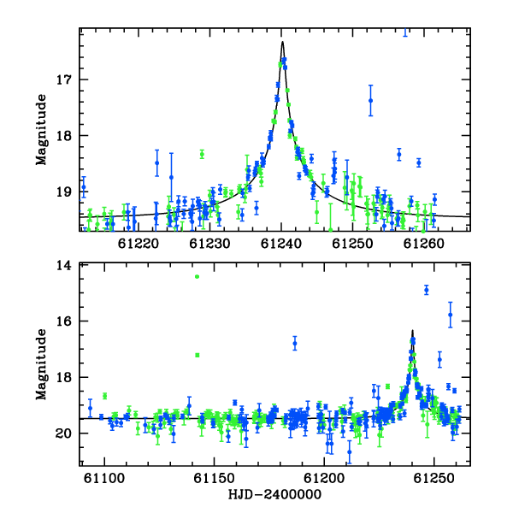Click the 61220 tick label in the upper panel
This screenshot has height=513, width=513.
pos(139,244)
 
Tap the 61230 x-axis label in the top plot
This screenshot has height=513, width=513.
pos(209,244)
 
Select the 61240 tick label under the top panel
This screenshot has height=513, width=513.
pos(281,244)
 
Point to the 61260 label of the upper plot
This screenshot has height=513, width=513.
pos(424,244)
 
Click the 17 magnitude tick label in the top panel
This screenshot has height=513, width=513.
pos(64,80)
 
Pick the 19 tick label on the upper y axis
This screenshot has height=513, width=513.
pos(64,192)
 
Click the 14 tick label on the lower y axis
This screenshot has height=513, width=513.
pos(64,265)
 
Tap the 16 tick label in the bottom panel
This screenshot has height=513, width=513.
pos(64,321)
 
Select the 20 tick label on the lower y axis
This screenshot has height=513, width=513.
pos(64,433)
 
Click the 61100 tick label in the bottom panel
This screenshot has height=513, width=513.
pos(104,478)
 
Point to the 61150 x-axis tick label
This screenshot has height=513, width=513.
pos(215,478)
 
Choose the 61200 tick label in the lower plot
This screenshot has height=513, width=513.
pos(324,478)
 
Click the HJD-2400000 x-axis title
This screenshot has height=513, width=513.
pos(274,494)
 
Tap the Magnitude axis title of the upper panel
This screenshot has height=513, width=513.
pos(42,130)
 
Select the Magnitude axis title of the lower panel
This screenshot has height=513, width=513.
pos(42,364)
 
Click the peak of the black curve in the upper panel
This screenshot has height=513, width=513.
pos(282,42)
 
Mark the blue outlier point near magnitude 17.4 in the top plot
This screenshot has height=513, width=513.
pos(371,101)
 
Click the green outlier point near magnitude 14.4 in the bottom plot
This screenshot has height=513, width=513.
pos(197,277)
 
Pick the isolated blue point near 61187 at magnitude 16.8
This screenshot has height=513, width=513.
pos(295,344)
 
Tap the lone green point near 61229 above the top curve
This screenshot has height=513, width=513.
pos(202,154)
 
